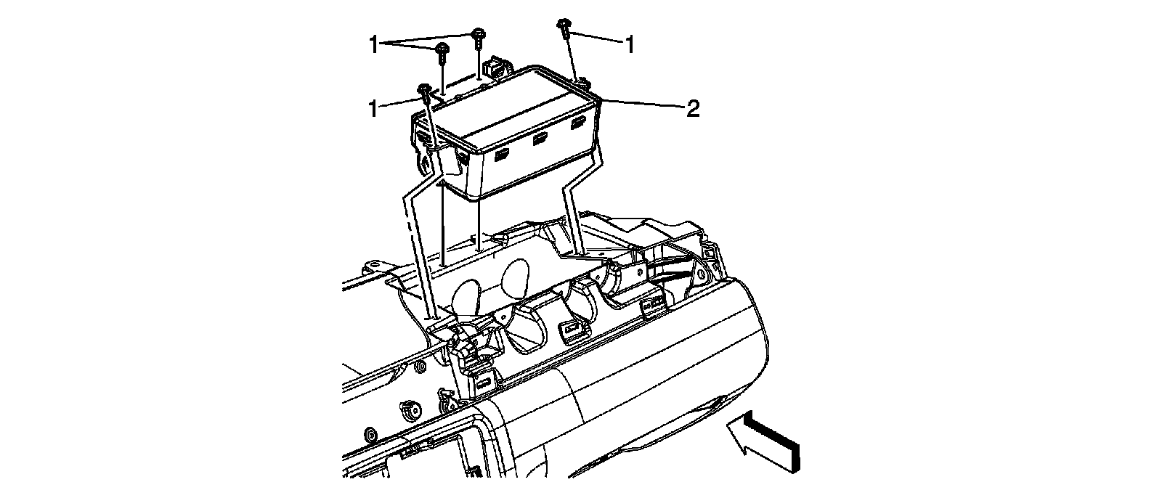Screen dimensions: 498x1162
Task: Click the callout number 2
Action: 693,109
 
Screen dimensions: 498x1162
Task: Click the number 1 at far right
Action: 630,45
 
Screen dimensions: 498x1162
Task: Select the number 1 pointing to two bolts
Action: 374,45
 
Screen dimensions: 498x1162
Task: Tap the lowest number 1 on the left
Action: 374,109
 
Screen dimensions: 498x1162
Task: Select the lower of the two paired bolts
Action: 442,49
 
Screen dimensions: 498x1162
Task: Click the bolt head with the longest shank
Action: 424,90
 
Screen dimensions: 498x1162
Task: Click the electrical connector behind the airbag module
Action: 497,67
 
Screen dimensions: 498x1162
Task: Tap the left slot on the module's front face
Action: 502,153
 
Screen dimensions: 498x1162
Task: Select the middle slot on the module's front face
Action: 540,139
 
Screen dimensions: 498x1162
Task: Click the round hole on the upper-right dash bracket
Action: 702,277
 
